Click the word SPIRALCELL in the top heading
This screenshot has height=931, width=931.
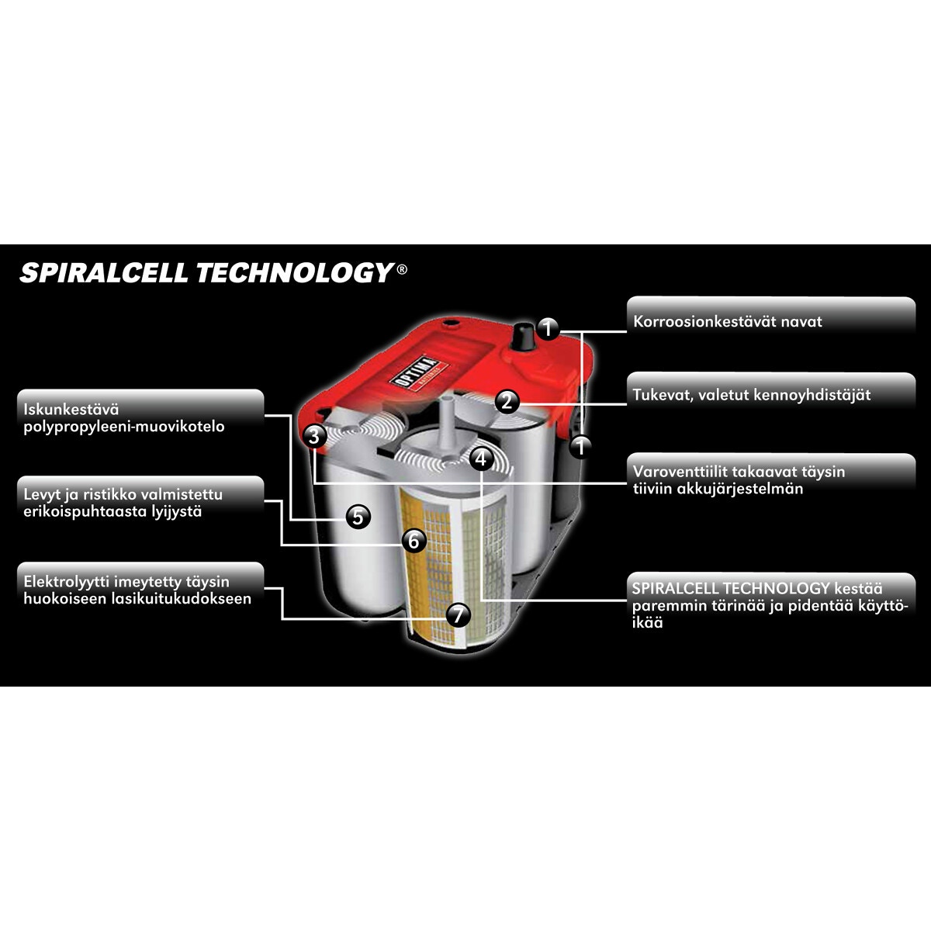pyautogui.click(x=103, y=272)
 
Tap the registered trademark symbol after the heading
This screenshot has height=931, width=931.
pyautogui.click(x=401, y=269)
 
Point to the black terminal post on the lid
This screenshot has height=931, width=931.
pyautogui.click(x=523, y=335)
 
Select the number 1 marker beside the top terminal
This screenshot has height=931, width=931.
pyautogui.click(x=547, y=329)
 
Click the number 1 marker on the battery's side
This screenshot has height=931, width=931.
pyautogui.click(x=581, y=446)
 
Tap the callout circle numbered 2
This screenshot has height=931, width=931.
pyautogui.click(x=507, y=401)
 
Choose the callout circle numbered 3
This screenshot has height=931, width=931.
pyautogui.click(x=314, y=436)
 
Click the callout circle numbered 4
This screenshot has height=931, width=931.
pyautogui.click(x=481, y=459)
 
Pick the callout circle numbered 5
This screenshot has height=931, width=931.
pyautogui.click(x=358, y=517)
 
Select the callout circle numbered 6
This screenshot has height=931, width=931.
pyautogui.click(x=414, y=540)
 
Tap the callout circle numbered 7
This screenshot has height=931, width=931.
pyautogui.click(x=458, y=615)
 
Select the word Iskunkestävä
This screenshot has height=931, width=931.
pyautogui.click(x=71, y=409)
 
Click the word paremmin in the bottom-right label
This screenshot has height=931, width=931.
pyautogui.click(x=670, y=606)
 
